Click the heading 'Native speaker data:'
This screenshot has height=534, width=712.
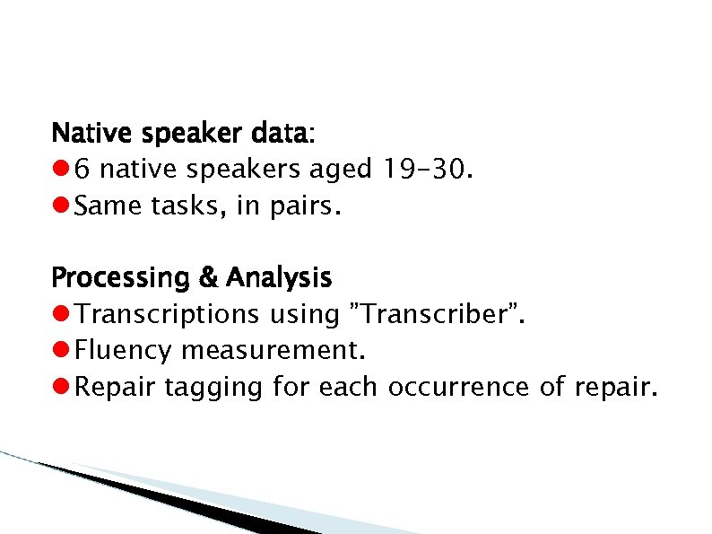(x=183, y=134)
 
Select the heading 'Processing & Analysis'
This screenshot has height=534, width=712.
(x=192, y=278)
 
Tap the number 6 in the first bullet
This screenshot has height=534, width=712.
(x=82, y=171)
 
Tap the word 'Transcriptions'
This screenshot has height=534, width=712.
(x=166, y=315)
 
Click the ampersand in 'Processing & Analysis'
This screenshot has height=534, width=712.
(x=209, y=278)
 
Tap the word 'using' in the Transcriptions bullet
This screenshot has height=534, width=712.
(x=304, y=316)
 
